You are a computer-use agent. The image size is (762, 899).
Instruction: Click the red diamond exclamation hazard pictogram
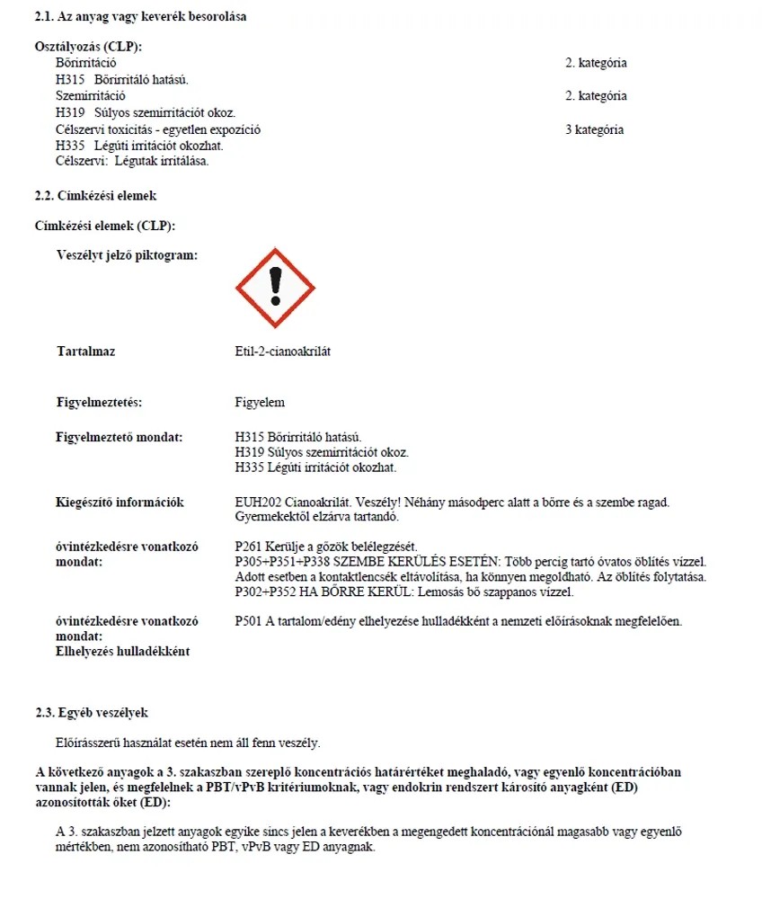[275, 289]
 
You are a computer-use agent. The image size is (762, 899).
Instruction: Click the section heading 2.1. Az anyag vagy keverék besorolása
[140, 17]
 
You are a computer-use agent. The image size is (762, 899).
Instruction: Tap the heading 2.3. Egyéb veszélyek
[92, 713]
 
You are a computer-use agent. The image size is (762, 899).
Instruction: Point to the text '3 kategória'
[594, 129]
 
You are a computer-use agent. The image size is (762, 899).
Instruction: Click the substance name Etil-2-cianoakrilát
[282, 352]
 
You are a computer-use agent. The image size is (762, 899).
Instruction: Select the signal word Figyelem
[259, 402]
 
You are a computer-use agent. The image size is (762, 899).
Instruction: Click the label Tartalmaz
[85, 352]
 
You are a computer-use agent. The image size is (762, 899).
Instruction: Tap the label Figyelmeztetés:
[99, 402]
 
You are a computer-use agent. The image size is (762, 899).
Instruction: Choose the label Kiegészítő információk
[120, 503]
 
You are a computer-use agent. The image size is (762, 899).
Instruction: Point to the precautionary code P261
[249, 547]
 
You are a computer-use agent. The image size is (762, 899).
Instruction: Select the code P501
[249, 621]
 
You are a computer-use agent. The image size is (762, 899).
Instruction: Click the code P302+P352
[267, 592]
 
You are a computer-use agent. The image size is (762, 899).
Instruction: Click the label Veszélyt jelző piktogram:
[127, 255]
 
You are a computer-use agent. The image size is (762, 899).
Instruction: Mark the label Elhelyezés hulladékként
[122, 651]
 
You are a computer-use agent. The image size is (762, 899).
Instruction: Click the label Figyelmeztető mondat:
[119, 437]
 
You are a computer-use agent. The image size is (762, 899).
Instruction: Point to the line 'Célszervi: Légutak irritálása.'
[132, 162]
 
